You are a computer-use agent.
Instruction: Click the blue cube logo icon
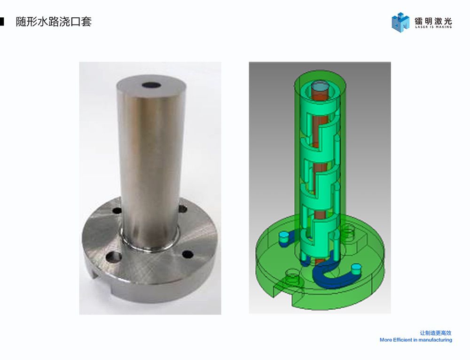(x=400, y=22)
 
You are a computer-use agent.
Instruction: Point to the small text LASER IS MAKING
(x=433, y=27)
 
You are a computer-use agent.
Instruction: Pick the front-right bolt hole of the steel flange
(x=188, y=254)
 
